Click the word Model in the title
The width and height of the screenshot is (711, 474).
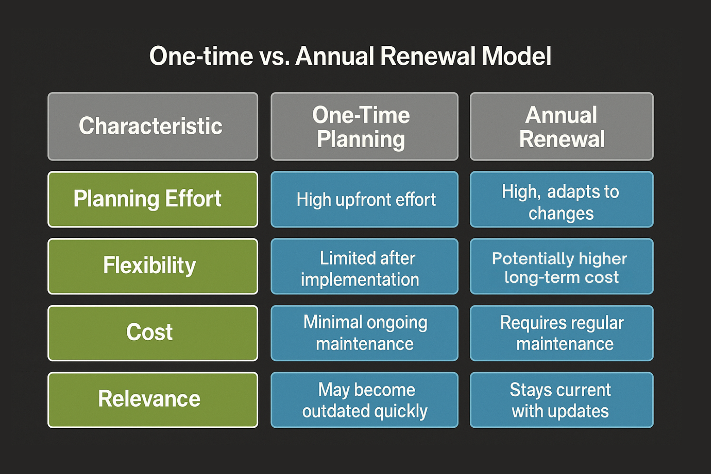517,56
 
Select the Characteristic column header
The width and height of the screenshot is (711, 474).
153,126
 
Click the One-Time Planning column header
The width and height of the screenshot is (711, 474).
364,126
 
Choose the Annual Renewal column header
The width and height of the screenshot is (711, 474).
561,126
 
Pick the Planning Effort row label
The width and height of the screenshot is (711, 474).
153,200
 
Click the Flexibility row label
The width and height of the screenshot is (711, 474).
153,266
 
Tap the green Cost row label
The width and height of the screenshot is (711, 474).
153,333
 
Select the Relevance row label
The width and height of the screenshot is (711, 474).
153,400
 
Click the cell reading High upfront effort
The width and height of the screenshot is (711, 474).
364,200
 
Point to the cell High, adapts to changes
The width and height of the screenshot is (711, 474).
561,200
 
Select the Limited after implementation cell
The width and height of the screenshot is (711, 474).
364,266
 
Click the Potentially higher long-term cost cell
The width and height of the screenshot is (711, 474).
561,266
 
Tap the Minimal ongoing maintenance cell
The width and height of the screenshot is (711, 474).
364,333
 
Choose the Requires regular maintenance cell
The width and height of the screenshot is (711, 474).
561,333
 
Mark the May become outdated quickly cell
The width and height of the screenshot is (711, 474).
364,400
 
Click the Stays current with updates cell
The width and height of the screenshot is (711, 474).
561,400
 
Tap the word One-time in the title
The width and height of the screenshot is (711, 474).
201,56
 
